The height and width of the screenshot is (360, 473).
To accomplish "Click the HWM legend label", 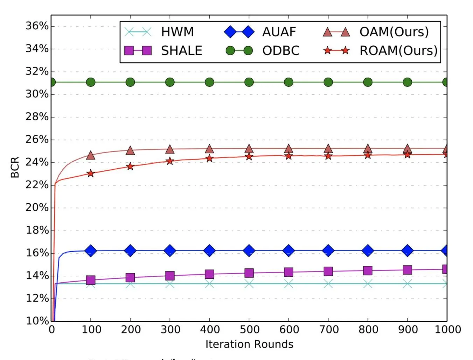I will tap(177, 32).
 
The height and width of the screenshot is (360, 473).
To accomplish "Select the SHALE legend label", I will tap(181, 51).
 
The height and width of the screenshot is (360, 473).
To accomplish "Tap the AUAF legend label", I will tap(279, 32).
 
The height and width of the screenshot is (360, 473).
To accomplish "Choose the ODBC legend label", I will tap(281, 51).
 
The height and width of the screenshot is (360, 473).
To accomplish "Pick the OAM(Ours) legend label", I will tap(394, 32).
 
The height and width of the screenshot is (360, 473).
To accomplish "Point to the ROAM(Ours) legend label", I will tap(398, 51).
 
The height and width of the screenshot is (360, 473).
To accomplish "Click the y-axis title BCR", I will tap(15, 168).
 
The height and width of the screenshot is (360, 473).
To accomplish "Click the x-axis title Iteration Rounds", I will tap(249, 344).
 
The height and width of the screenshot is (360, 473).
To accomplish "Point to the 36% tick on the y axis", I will tap(37, 26).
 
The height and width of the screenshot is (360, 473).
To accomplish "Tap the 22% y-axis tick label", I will tap(37, 185).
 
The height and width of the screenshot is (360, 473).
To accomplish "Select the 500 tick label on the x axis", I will tap(249, 330).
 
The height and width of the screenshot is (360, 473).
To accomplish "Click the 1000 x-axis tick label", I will tap(447, 330).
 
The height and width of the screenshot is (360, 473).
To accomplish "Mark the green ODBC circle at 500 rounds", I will tap(249, 82).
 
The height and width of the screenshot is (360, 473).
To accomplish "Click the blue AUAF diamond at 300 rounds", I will tap(170, 251).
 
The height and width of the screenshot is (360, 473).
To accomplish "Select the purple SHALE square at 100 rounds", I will tap(91, 280).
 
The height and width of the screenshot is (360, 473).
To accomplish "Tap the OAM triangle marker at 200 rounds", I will tap(130, 151).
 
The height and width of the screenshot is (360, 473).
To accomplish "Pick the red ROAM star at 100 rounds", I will tap(91, 174).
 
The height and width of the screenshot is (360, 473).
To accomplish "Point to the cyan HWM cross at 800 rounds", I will tap(368, 284).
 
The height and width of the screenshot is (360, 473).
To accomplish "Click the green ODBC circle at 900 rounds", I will tap(407, 82).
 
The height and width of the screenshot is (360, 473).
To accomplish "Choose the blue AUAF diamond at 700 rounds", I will tap(328, 251).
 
